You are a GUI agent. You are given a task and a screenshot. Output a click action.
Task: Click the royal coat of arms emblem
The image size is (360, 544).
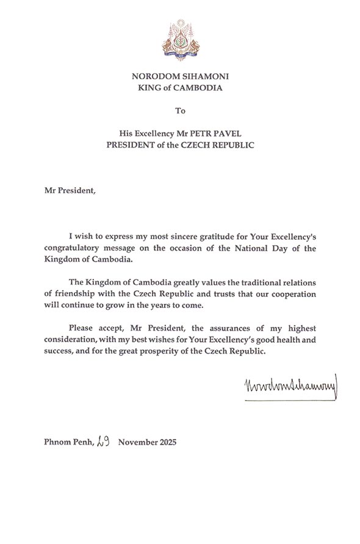179,40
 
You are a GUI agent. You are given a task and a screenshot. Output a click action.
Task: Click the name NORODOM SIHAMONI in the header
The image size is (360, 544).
179,76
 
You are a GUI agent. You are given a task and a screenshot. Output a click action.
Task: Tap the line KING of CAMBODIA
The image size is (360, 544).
179,88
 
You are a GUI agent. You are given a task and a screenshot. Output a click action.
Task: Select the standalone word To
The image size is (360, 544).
179,111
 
